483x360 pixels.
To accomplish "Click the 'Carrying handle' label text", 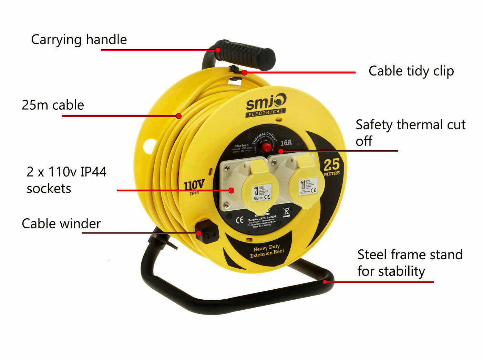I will click(x=79, y=39).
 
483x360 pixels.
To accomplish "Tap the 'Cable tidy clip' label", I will click(x=411, y=71).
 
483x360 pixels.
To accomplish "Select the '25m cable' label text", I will click(x=53, y=105).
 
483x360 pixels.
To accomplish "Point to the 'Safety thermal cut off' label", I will click(x=410, y=132).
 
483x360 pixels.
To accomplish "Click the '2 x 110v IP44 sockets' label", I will click(x=66, y=180).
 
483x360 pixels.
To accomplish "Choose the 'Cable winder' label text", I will click(x=61, y=223).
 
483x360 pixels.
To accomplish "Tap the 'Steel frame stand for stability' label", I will click(x=410, y=263).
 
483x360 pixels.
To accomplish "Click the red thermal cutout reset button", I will click(x=266, y=147).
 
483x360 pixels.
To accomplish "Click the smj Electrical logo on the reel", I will click(x=266, y=106).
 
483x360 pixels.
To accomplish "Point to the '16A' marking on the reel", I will click(x=286, y=142).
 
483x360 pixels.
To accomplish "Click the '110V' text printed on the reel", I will click(x=194, y=186).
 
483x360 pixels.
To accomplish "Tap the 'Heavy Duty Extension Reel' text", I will click(x=267, y=251).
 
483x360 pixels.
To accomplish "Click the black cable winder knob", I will click(x=206, y=232).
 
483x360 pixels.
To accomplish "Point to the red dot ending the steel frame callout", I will click(x=325, y=282).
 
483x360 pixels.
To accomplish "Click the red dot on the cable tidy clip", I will click(x=244, y=72).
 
